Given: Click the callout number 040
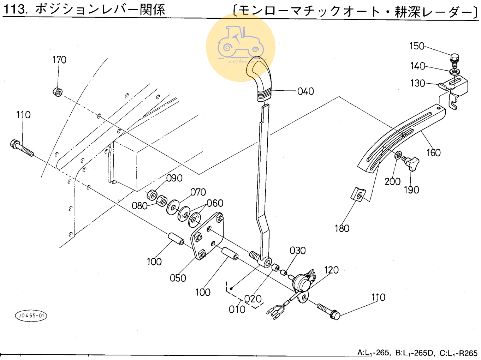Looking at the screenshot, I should coord(305,91).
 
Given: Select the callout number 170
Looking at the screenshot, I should coord(59,60).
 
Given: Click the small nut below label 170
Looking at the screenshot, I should coord(57,92).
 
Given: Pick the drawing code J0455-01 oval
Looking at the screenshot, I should coord(31,316).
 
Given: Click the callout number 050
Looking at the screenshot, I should coord(178,278).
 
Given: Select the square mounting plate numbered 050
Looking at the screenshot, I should coord(208,235).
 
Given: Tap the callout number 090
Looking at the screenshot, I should coord(174,178).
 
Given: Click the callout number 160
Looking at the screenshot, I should coord(433,153).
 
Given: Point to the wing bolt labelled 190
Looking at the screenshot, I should coord(411,163).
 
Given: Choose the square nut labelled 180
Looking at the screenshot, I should coord(358,194).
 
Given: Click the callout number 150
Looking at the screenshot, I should coord(417,46).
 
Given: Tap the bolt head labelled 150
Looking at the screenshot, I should coord(455,58).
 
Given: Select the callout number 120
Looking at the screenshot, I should coord(331,270).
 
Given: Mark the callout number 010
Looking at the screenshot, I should coord(237,310).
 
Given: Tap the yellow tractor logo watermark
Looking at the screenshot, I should coord(241,47).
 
